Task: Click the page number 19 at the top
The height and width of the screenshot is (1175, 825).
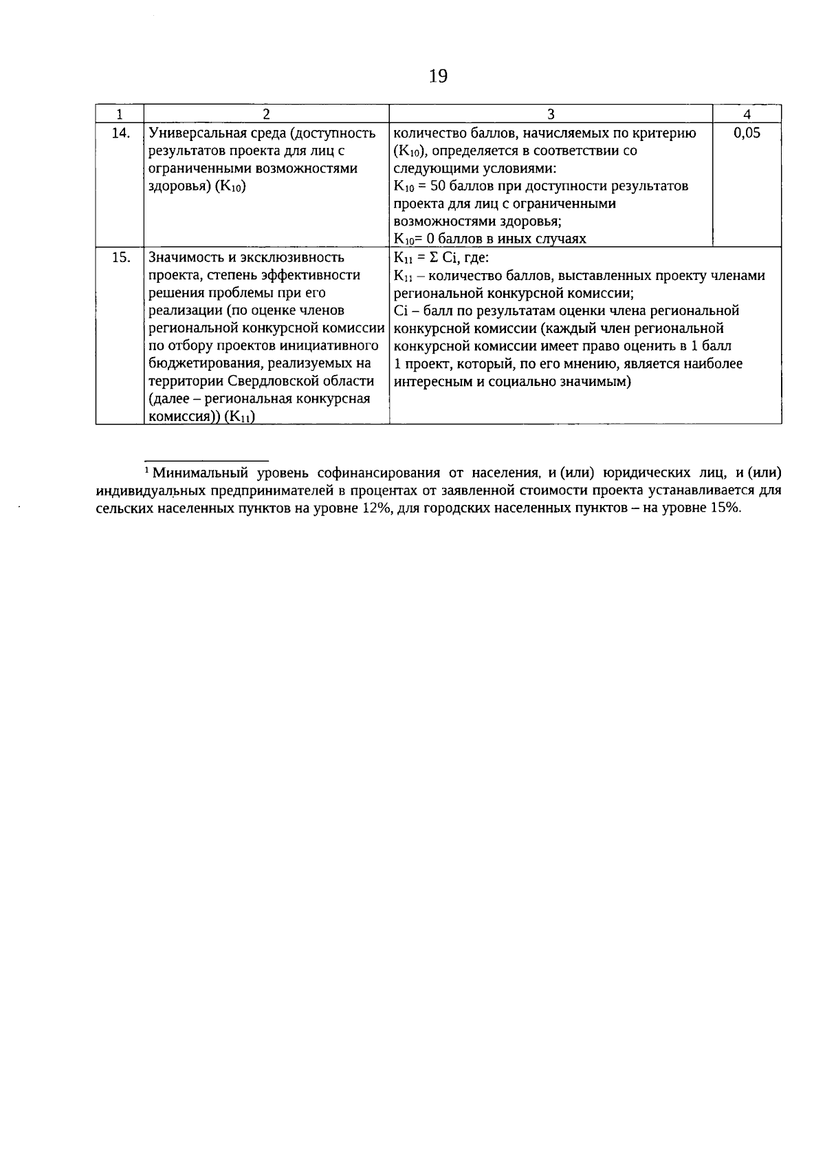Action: coord(438,76)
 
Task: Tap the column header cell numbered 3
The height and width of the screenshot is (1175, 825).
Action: coord(551,114)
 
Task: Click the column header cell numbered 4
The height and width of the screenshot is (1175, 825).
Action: coord(747,114)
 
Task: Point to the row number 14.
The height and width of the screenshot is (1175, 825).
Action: coord(120,133)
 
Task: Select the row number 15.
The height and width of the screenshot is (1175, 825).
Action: coord(120,257)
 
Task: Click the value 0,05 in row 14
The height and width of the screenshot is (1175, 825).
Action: coord(747,133)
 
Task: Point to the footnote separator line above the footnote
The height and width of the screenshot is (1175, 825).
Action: coord(206,460)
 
